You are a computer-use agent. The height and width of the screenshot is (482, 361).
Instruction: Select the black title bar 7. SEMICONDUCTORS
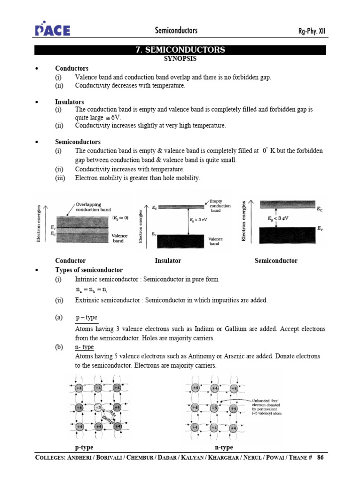(x=180, y=50)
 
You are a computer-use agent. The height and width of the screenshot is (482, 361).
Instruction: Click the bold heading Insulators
(x=70, y=102)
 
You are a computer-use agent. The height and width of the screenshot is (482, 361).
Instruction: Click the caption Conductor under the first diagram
(x=71, y=261)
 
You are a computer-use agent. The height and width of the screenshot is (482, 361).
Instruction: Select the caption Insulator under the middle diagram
(x=168, y=261)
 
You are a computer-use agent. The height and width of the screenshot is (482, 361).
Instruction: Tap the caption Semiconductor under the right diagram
(x=276, y=261)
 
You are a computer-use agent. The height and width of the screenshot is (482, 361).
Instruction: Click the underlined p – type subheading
(x=86, y=318)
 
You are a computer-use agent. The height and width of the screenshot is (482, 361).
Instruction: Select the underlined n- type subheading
(x=85, y=347)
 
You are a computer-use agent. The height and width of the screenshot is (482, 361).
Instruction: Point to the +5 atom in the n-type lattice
(x=214, y=407)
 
